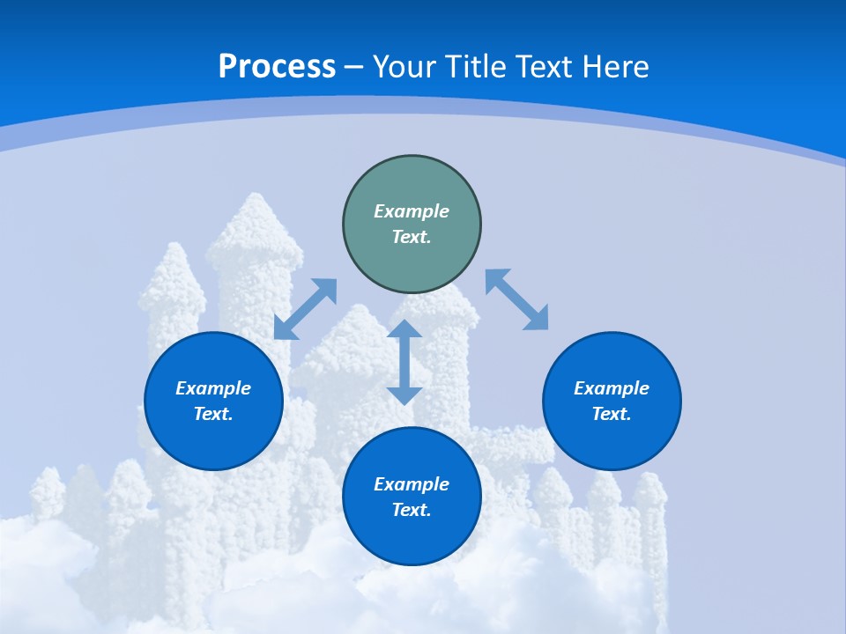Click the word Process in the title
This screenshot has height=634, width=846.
coord(277,67)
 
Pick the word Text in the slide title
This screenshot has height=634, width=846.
coord(546,67)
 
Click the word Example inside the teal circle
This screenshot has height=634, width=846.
coord(412,211)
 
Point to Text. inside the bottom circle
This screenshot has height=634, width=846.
coord(412,510)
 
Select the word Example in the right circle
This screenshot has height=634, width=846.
coord(612,388)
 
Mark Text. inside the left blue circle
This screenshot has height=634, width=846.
coord(213,414)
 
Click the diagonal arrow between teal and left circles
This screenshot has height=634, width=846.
coord(306,309)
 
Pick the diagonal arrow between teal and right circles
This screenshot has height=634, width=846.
coord(516,299)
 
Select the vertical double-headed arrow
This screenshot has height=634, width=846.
coord(404,363)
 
